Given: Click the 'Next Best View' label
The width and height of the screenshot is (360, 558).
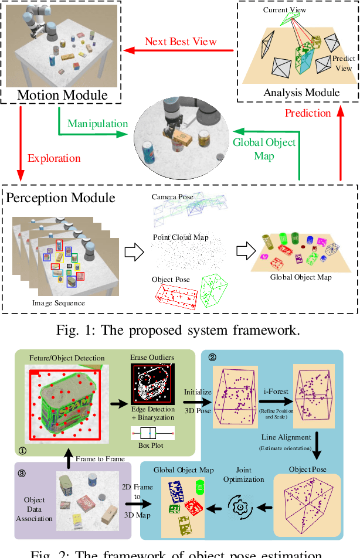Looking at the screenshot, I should coord(181,42).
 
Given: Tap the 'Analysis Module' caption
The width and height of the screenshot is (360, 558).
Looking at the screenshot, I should coord(301,92).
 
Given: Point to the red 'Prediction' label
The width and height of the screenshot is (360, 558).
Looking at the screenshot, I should coord(308,113).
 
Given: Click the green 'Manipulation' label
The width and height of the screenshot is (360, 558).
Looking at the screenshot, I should coord(97,124).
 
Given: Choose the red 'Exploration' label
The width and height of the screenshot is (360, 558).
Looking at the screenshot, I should coord(54,158).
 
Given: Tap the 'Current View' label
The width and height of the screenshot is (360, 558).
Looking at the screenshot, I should coord(284,10).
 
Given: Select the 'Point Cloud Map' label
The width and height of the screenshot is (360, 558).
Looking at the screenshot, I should coord(181,237).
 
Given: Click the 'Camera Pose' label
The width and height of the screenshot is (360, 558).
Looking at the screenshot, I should coord(172,197).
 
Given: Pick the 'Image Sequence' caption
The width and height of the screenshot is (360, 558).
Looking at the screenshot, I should coord(58,303).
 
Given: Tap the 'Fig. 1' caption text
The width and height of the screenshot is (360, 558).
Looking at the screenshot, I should coord(178,329).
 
